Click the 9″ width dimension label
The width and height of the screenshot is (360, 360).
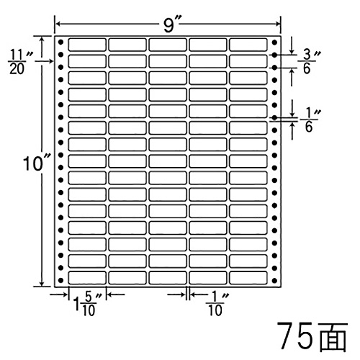coord(171,24)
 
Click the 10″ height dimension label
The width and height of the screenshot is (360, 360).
coord(37,163)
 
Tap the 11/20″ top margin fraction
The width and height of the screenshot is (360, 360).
coord(21,62)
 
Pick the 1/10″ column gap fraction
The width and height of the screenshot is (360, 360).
coord(217,304)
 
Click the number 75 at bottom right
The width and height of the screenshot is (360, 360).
coord(297,336)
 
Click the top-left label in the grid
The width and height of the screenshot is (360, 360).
coord(87,45)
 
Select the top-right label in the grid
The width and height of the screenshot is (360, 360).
coord(248,45)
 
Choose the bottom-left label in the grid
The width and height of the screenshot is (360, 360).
coord(87,278)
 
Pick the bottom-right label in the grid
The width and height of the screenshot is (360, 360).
coord(248,278)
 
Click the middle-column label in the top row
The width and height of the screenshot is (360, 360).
coord(168,45)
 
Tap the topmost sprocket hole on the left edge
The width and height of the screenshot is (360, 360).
coord(61,42)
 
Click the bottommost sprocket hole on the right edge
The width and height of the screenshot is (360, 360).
coord(275,280)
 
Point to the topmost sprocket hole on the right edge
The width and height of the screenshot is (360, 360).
coord(275,42)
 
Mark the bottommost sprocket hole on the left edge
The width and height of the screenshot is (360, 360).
coord(61,280)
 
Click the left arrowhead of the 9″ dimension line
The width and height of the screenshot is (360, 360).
coord(58,24)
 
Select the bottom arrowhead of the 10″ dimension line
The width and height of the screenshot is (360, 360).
coord(42,284)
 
